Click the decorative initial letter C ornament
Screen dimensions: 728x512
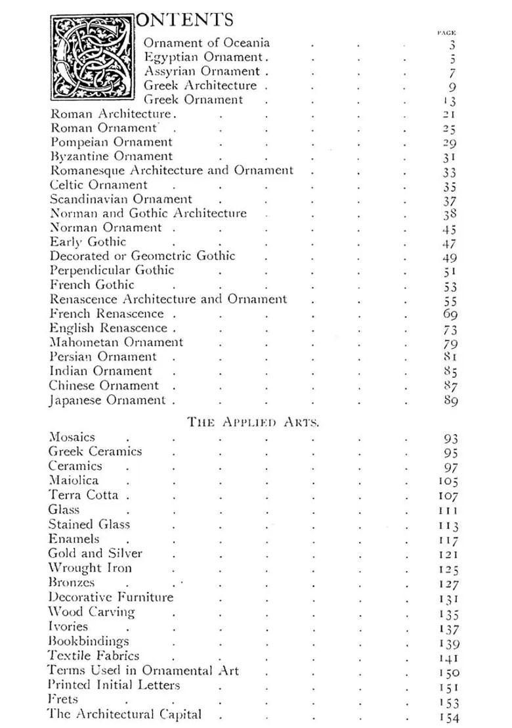93,58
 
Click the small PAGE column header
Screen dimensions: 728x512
446,32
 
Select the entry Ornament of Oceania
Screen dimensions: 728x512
207,43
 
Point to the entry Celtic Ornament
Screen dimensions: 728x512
99,185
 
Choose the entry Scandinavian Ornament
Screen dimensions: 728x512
121,199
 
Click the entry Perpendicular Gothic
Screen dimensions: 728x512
112,271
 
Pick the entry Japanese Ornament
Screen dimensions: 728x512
108,400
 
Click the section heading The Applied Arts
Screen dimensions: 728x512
253,422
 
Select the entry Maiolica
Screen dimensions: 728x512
74,481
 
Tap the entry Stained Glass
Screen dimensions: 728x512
89,524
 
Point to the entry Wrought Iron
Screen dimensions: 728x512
90,568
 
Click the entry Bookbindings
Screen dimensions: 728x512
89,641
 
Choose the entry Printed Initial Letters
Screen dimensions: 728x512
114,685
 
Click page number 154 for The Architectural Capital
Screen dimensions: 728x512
448,716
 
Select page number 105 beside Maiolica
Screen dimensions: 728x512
448,482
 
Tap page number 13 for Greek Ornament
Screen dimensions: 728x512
450,101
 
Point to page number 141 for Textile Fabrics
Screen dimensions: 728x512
448,656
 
